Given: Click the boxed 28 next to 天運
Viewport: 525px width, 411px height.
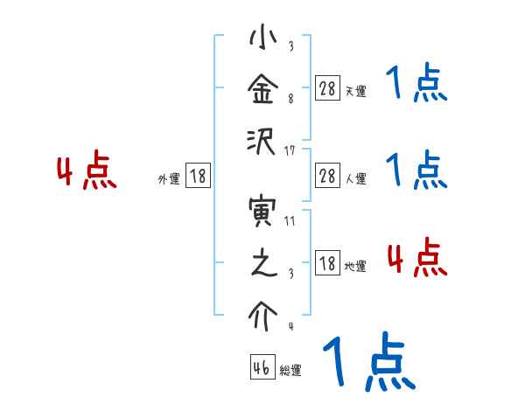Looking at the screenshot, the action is (326, 87).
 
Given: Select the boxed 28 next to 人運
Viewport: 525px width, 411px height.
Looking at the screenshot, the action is (326, 175).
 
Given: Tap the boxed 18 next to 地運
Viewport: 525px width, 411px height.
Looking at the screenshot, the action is (326, 262).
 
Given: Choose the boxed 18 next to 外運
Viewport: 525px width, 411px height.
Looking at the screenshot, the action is (198, 175).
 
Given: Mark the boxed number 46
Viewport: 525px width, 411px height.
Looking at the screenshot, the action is (262, 367).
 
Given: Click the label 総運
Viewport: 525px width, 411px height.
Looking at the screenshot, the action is (290, 371).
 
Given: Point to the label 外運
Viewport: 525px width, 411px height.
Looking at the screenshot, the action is (169, 178).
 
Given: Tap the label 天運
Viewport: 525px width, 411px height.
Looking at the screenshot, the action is (355, 91).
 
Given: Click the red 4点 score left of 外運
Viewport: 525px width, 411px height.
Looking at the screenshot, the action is (87, 171).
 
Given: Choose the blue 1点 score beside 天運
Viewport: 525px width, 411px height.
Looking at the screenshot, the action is (416, 85).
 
